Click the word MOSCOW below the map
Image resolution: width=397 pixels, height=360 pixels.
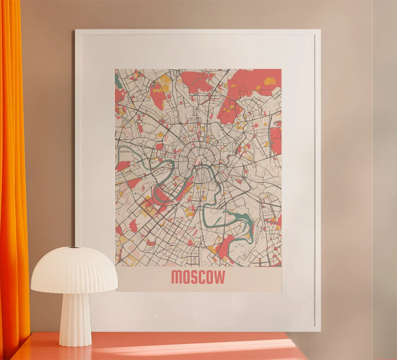(198, 277)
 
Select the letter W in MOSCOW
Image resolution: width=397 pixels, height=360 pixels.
(219, 277)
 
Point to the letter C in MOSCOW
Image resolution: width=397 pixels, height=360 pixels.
(199, 277)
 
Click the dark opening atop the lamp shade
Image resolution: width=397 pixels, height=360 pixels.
(74, 247)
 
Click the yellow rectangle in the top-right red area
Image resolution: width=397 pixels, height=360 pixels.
(270, 81)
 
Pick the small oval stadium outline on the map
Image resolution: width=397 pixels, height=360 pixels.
(167, 137)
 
